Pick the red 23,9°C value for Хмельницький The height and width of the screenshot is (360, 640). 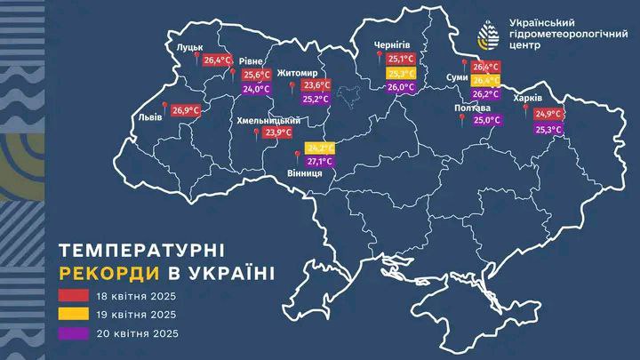(278, 132)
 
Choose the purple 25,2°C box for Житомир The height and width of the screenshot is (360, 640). (316, 100)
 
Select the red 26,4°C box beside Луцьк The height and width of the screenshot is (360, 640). (215, 60)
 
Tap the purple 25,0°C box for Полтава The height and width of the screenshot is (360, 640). (487, 119)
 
